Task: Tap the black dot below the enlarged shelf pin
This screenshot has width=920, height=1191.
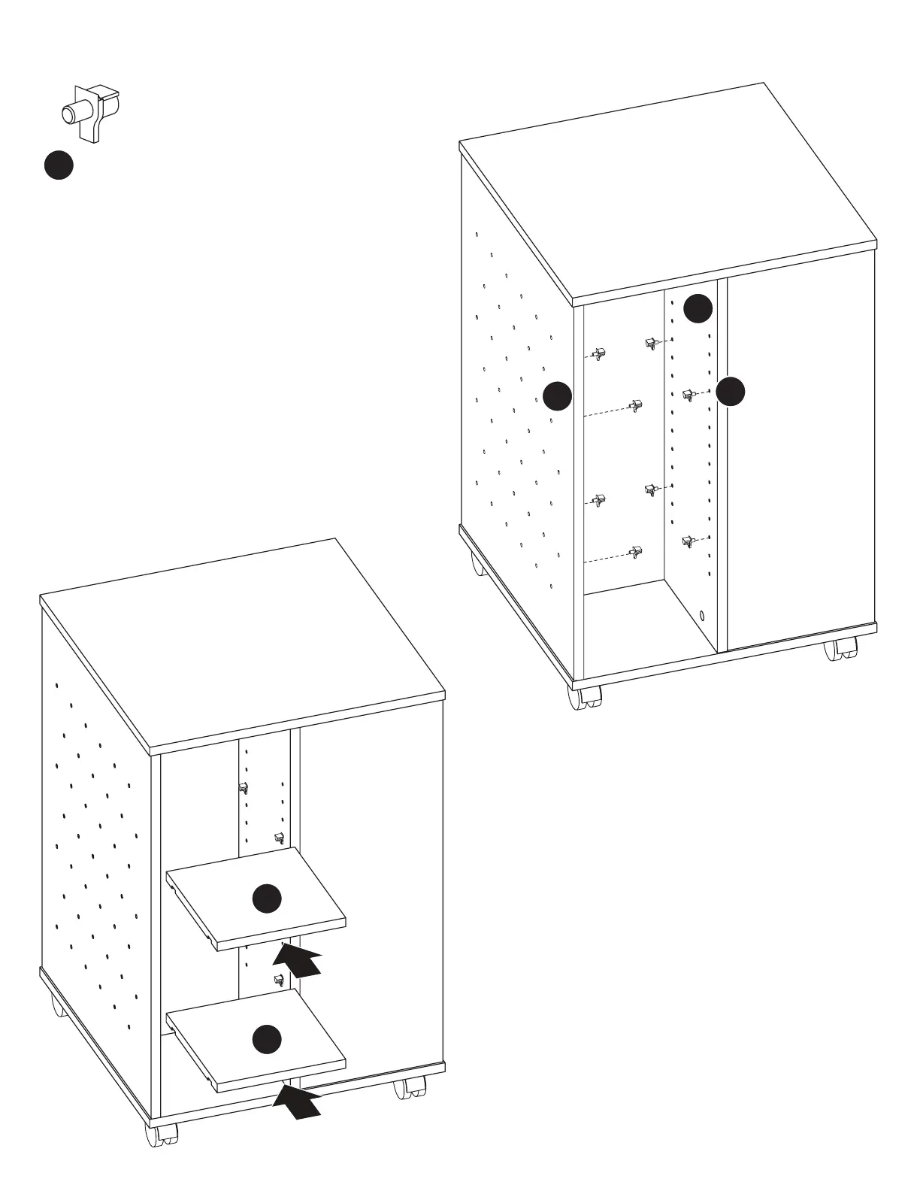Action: (59, 165)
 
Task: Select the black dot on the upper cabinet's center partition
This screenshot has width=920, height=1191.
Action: (698, 308)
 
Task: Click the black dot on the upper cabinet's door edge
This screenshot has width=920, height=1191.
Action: (730, 391)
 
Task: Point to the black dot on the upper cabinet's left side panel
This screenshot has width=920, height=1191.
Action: (557, 395)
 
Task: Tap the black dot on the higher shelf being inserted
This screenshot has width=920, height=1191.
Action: (267, 899)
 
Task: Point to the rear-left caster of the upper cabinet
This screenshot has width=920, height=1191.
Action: (479, 564)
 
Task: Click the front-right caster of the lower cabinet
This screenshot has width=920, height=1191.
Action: (410, 1088)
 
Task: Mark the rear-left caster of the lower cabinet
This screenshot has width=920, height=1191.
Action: (58, 1005)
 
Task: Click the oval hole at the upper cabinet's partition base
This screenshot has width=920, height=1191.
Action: (702, 616)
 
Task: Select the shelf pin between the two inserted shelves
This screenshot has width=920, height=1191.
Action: (279, 980)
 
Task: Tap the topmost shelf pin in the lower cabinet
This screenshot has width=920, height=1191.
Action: (243, 787)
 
